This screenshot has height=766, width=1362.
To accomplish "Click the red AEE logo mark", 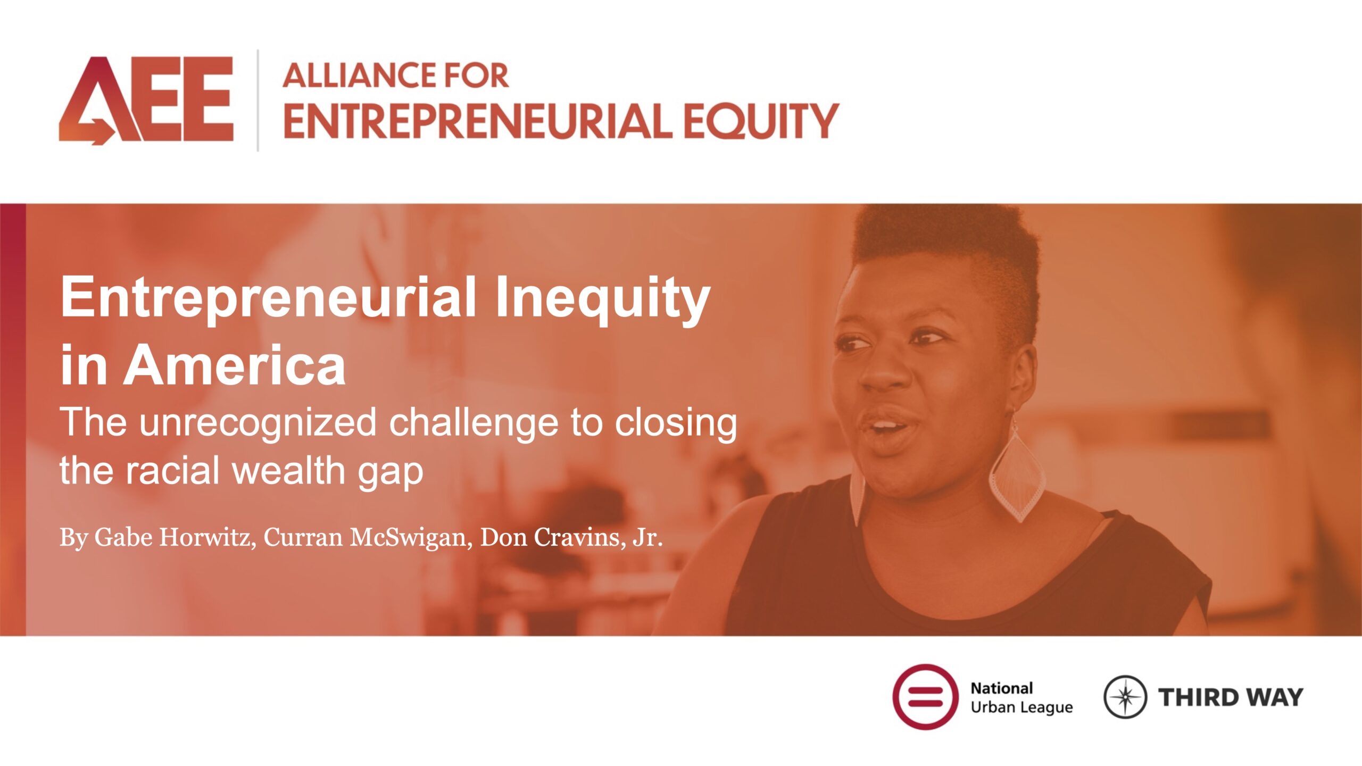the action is coord(146,101).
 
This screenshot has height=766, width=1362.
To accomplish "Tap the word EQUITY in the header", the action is coord(761,121).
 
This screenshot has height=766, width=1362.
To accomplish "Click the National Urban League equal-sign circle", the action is coord(926,696).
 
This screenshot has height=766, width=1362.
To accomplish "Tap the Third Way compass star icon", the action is coord(1125,697).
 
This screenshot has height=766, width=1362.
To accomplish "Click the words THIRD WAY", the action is coord(1231,697).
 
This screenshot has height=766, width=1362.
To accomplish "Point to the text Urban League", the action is coord(1021,707).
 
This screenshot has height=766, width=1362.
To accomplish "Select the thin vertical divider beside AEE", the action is coord(258,101).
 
